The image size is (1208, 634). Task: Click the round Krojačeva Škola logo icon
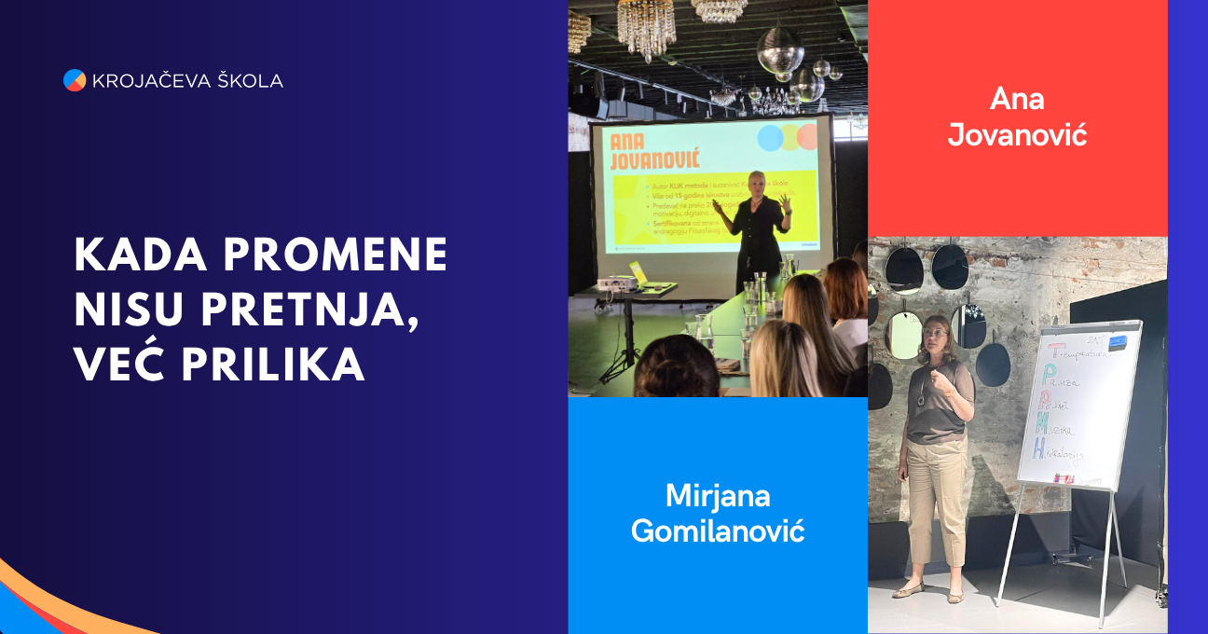coord(75,80)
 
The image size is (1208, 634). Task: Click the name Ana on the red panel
coord(1017,99)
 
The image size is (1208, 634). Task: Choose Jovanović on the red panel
coord(1017,135)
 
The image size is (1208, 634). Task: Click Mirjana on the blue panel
coord(718,495)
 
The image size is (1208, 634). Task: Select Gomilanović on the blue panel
coord(718,531)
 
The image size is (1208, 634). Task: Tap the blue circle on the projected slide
coord(770,138)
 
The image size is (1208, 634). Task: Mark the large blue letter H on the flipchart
coord(1037,448)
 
